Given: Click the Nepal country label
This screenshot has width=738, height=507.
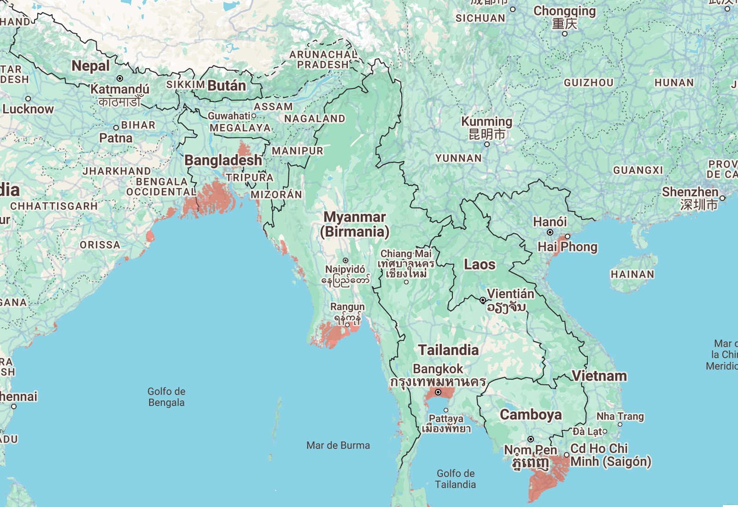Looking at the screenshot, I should pos(90,66).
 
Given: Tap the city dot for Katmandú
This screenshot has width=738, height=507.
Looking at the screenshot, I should pos(119,78).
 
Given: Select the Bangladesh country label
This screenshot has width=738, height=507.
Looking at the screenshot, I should pos(223,160).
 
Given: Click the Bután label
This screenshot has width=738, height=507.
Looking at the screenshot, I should pos(226,85).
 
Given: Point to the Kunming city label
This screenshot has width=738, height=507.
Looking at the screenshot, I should pos(487,121).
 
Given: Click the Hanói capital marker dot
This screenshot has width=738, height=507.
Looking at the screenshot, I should pos(550,232).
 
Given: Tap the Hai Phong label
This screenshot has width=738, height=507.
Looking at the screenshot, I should pos(567,247).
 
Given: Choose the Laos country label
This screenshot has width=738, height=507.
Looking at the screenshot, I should pos(480,264).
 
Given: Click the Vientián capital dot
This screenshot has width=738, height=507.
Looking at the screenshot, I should pos(482,300).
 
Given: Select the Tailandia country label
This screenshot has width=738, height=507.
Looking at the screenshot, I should pos(448,350).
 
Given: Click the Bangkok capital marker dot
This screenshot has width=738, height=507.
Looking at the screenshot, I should pos(438,392).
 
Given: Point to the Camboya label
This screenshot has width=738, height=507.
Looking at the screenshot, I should pos(531,414).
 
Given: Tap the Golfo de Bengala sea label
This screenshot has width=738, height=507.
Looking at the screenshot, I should pos(167,397).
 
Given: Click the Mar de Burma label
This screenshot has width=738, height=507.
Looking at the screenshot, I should pos(338,445).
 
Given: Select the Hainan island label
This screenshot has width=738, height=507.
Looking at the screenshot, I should pos(632,274).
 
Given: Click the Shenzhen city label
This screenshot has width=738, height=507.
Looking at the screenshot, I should pos(690,192).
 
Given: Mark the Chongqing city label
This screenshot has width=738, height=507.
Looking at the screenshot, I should pos(565,11).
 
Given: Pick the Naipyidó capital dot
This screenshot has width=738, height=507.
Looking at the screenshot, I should pos(345,261).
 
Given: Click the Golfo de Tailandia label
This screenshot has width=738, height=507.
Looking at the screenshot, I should pos(455,479).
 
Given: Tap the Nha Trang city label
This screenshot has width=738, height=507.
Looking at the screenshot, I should pos(620,416).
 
